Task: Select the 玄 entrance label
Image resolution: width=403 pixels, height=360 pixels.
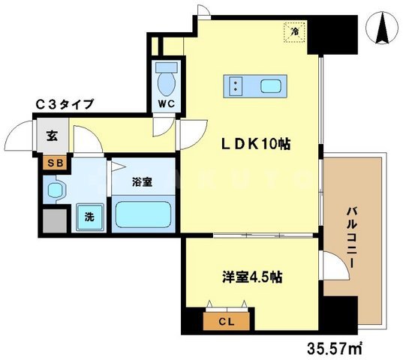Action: click(x=53, y=136)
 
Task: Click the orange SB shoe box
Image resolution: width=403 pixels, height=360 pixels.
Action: click(x=53, y=162)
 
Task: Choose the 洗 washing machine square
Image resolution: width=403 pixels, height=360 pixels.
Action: click(x=89, y=217)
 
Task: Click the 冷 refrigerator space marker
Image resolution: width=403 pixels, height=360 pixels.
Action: click(x=295, y=31)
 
